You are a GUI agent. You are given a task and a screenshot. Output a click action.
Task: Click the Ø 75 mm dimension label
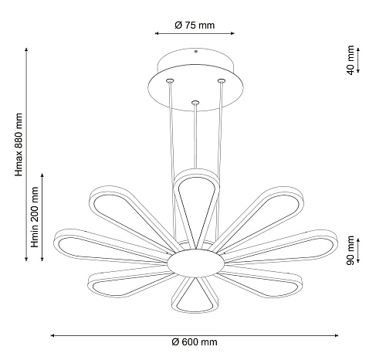195,25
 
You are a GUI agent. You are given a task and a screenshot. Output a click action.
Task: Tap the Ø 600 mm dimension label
195,342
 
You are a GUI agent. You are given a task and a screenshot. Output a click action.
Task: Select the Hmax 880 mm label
19,144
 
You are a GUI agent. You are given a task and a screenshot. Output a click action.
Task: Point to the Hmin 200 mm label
34,217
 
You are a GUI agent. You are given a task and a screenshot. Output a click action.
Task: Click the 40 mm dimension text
350,60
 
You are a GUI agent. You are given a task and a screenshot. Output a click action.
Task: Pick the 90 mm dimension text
350,250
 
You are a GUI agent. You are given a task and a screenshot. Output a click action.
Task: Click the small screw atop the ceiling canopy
195,52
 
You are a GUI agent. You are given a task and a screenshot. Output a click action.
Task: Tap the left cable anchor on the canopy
170,80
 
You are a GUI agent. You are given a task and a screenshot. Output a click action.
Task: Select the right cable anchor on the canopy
221,81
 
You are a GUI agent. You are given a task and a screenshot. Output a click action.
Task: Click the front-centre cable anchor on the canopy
195,103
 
